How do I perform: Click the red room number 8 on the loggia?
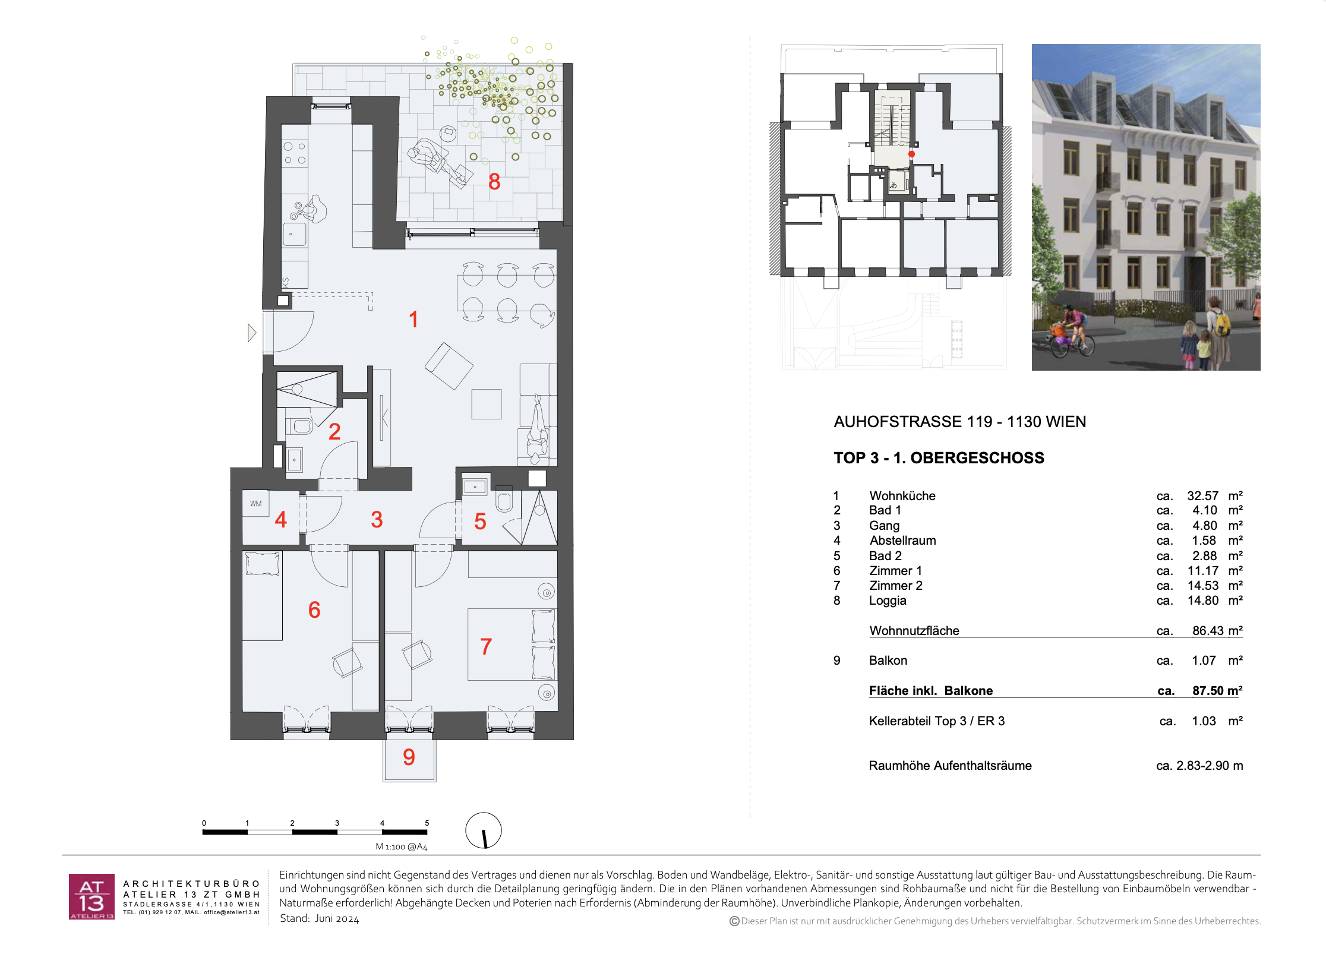494,182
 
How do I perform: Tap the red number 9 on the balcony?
409,757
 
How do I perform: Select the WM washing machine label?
255,504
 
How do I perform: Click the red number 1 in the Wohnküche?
413,320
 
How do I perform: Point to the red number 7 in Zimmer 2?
486,646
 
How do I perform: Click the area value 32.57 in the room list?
1202,496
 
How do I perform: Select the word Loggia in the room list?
888,601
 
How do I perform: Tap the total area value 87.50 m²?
1217,690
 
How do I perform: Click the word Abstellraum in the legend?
902,541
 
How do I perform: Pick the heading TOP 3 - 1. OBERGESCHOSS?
939,458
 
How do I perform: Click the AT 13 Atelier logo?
91,896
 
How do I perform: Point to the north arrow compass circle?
484,830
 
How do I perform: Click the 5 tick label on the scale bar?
427,823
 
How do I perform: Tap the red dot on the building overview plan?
911,154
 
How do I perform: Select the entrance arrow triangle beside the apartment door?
252,333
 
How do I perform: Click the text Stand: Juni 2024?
320,918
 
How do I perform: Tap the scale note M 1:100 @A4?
402,846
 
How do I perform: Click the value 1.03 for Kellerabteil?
1204,721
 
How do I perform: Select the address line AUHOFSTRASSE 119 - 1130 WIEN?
960,422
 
